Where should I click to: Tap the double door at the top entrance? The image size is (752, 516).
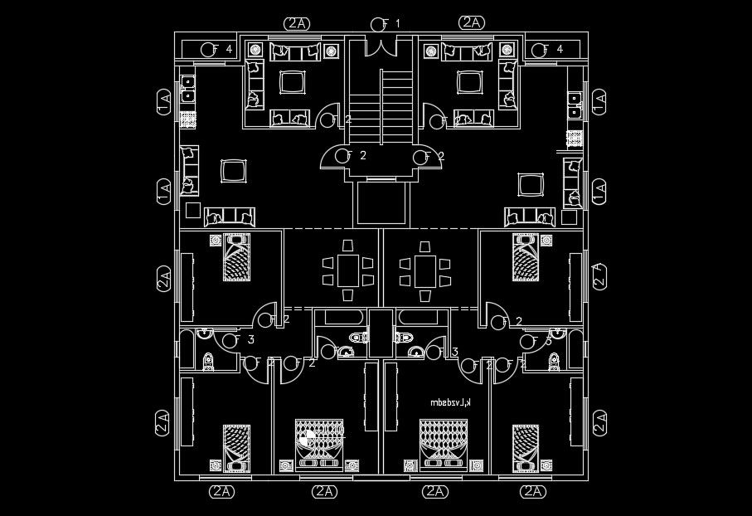(x=382, y=46)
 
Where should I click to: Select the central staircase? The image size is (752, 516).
(x=395, y=108)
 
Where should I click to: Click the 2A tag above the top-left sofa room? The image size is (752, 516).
(x=296, y=23)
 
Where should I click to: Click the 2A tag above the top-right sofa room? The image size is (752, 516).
(x=471, y=23)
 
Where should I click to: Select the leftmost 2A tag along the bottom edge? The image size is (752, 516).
(x=221, y=491)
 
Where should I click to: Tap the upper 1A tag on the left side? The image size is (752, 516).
(x=163, y=103)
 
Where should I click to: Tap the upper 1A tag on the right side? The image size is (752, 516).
(x=599, y=103)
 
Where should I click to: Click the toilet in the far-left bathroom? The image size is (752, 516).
(x=208, y=361)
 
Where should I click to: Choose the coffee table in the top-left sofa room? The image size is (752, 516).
(x=292, y=81)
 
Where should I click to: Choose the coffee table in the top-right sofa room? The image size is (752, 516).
(x=470, y=81)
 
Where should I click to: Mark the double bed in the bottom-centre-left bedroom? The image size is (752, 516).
(x=318, y=444)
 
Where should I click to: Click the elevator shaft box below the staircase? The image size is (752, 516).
(x=383, y=203)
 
